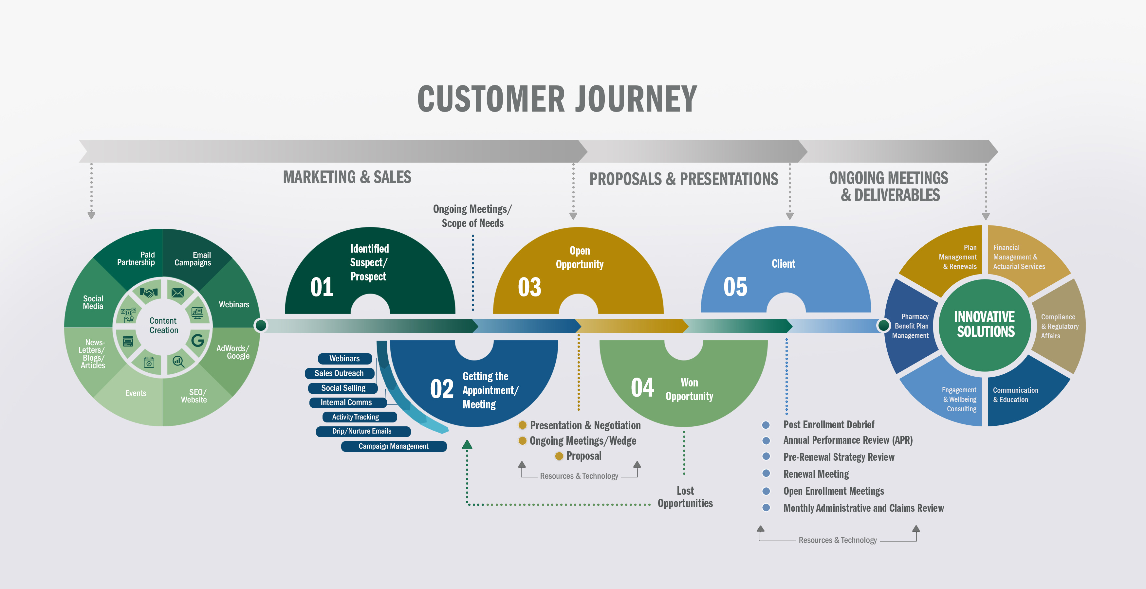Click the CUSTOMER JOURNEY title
click(x=557, y=99)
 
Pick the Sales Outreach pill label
click(x=339, y=373)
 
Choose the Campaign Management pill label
click(x=393, y=446)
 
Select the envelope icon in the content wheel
click(x=178, y=293)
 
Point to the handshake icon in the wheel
click(x=149, y=293)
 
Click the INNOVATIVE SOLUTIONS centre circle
click(x=985, y=325)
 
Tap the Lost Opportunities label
click(x=685, y=497)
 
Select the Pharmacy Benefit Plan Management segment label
click(x=910, y=326)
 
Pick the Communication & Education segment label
click(x=1015, y=395)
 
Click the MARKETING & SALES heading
click(x=347, y=177)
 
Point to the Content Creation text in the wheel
click(x=163, y=325)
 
